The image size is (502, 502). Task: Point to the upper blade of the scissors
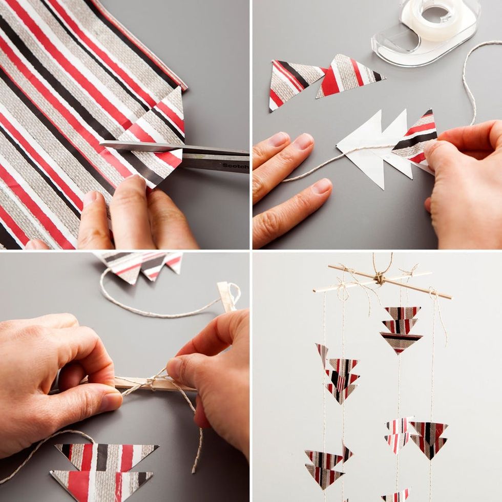pos(173,148)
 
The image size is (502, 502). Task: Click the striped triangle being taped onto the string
pos(415,138)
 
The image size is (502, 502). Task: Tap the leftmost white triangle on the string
pos(361,151)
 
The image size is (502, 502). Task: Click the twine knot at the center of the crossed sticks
pos(380,278)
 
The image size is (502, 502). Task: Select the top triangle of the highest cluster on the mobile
pos(402,313)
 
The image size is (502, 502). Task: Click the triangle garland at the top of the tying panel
pos(141,266)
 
